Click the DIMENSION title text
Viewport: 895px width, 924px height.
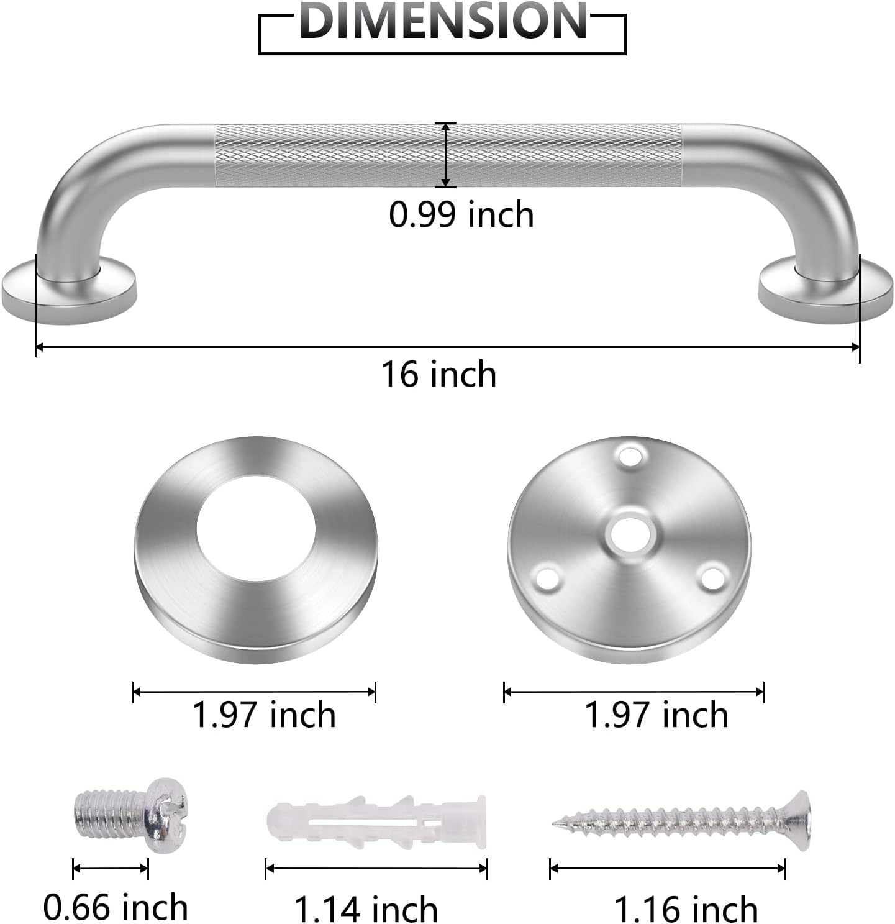(442, 22)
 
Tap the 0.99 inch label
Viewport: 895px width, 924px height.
(461, 215)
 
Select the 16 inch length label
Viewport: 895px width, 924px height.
(438, 375)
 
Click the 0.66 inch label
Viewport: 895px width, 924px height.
(116, 907)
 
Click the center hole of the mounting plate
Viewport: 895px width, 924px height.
(630, 534)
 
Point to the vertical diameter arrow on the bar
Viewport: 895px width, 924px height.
(445, 155)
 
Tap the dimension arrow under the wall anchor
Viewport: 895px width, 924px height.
(376, 868)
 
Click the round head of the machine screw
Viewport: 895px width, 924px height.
(166, 814)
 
